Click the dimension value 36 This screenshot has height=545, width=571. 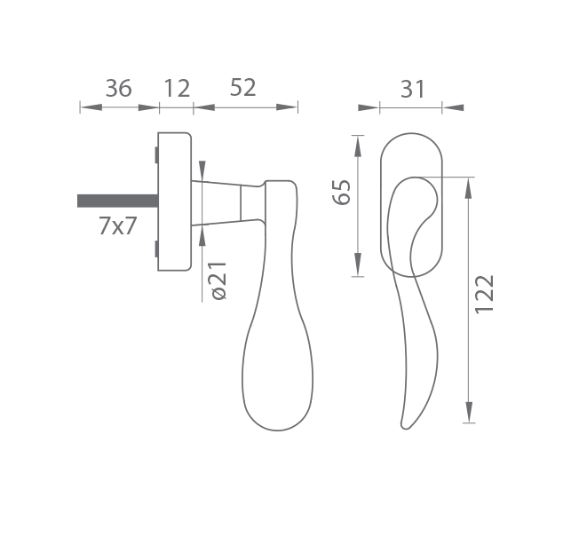tap(118, 88)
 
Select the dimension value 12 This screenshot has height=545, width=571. tap(177, 88)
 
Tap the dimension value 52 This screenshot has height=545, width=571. tap(243, 88)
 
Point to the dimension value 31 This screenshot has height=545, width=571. tap(413, 89)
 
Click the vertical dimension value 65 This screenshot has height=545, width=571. tap(342, 193)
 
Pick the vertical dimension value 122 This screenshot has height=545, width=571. tap(485, 294)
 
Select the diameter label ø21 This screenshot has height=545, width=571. tap(219, 280)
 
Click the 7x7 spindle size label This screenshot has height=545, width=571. tap(117, 225)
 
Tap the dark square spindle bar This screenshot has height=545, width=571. tap(117, 201)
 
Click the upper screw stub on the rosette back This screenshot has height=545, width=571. tap(156, 154)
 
